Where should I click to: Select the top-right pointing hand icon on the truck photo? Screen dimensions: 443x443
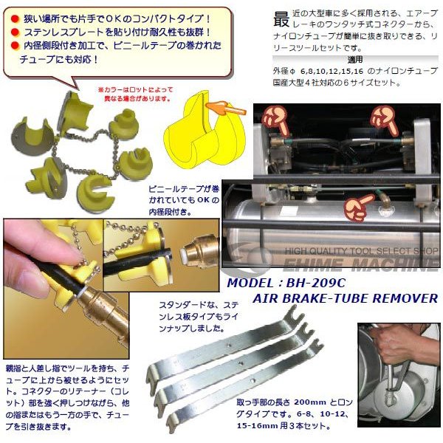(x=384, y=119)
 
